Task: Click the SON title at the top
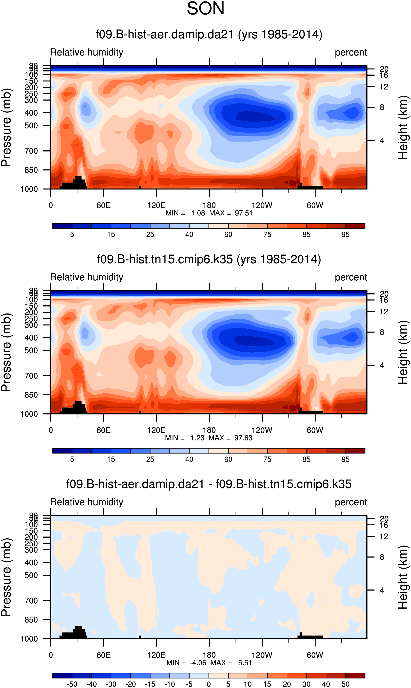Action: click(205, 8)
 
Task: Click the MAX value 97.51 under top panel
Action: click(243, 213)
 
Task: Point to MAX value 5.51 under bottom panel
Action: click(245, 663)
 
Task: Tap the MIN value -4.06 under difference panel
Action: click(198, 663)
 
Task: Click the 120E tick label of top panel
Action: click(156, 205)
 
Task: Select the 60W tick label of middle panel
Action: click(315, 430)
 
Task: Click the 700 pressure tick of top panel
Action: click(31, 151)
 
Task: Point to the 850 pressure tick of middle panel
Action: click(31, 395)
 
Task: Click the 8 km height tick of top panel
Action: click(382, 107)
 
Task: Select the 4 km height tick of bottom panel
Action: click(382, 590)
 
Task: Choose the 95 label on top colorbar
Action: click(345, 235)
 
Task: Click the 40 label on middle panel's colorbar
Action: click(189, 459)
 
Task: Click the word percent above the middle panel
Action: click(351, 277)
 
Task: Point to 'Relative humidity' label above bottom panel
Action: click(87, 502)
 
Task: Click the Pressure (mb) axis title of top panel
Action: click(6, 127)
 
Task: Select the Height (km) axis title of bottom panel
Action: click(403, 577)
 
